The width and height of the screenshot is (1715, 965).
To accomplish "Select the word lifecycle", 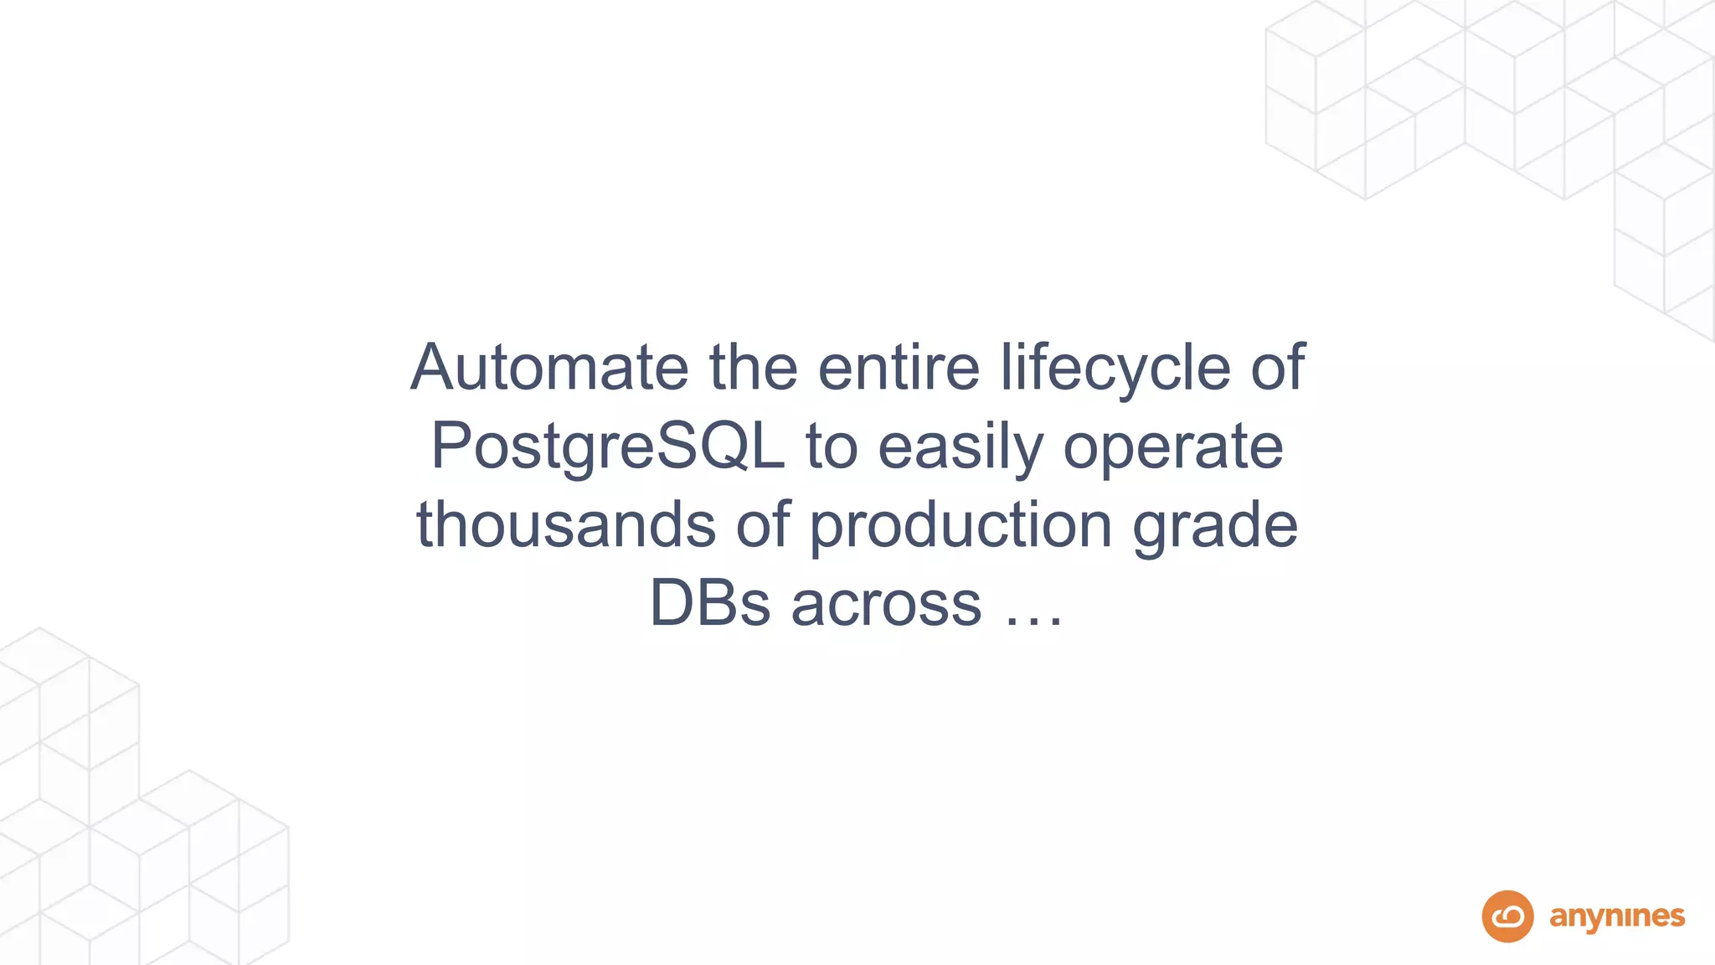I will (x=1115, y=369).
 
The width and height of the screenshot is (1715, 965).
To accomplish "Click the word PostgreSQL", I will (x=608, y=446).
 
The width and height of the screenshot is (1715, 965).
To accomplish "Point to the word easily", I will (x=961, y=446).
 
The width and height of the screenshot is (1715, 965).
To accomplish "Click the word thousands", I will (x=566, y=524).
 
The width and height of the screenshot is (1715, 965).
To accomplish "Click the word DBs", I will (x=709, y=603).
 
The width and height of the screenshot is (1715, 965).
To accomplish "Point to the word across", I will (x=886, y=603).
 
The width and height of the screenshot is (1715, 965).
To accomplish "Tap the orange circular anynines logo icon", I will (x=1507, y=916).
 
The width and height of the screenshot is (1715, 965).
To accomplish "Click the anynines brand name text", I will (x=1617, y=917).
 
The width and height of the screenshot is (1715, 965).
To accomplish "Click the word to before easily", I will (x=832, y=446).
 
